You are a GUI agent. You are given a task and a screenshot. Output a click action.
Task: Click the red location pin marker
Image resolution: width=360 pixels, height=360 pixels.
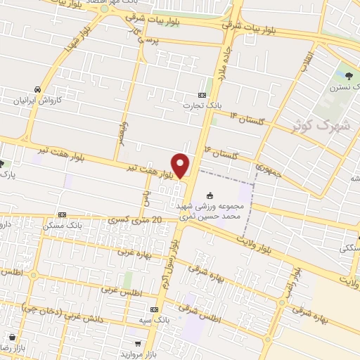tap(181, 165)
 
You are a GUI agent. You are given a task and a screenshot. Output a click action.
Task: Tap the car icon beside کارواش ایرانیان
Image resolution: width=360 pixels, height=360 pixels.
tap(37, 89)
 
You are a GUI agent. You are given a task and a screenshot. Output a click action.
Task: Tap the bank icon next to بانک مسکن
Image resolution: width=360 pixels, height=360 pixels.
tap(62, 214)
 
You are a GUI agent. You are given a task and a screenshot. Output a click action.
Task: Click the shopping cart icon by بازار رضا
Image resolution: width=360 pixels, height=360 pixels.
tap(11, 336)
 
